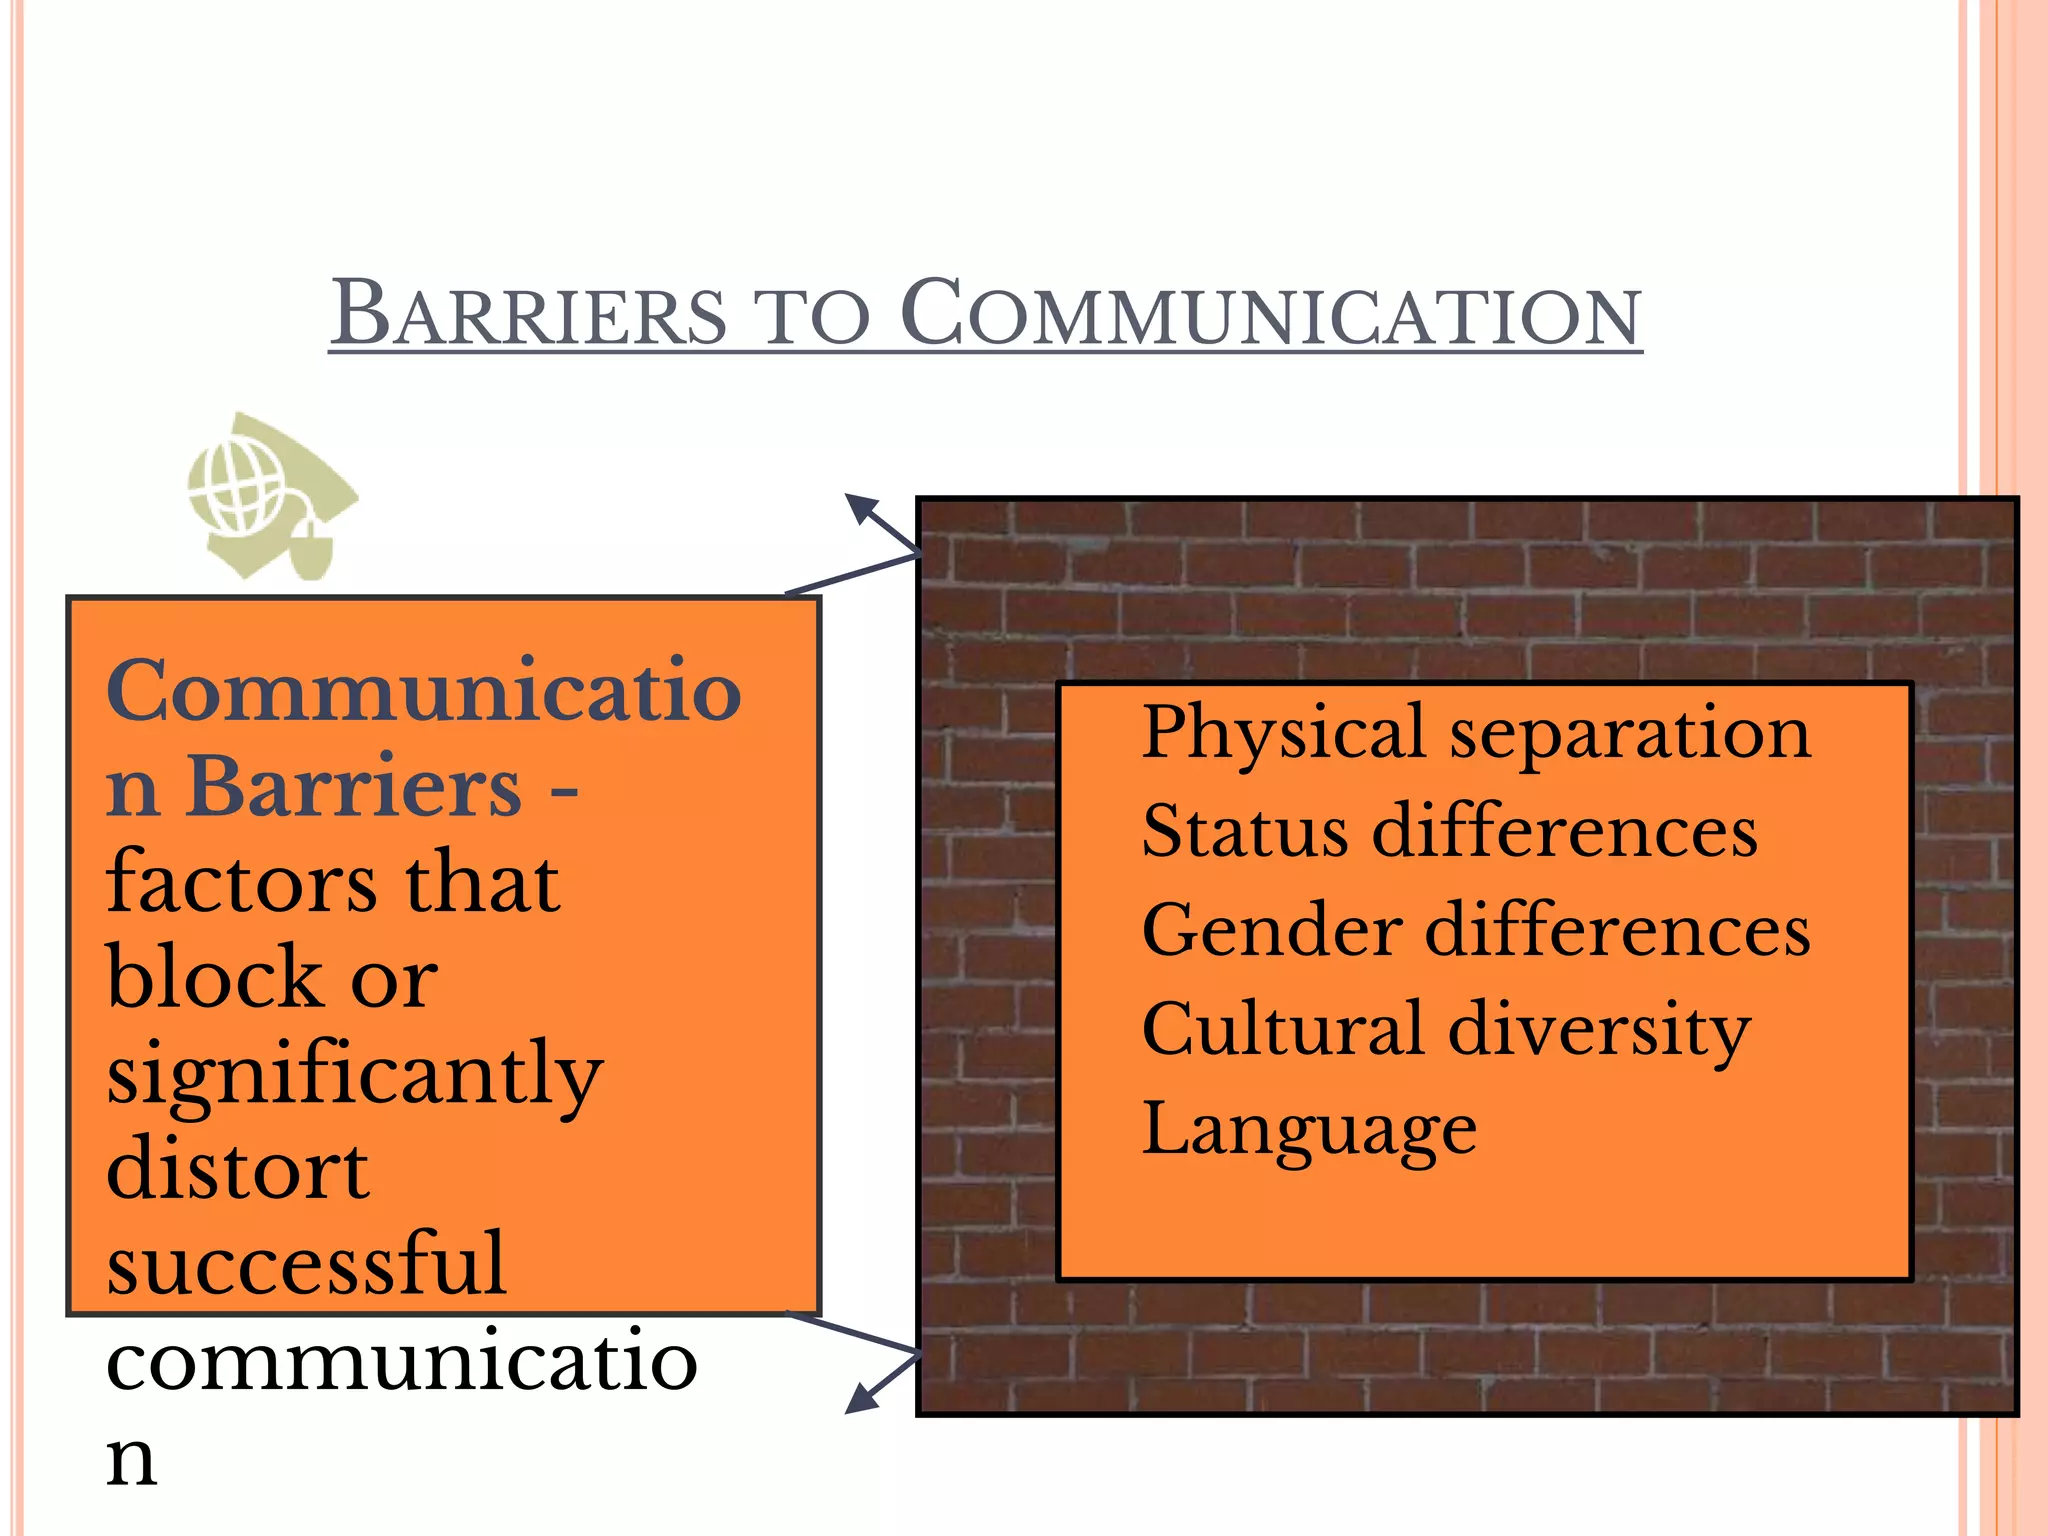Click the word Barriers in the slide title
(528, 314)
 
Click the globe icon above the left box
(238, 489)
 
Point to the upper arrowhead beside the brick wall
(861, 507)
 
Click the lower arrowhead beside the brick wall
(861, 1399)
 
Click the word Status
(1244, 831)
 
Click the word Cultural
(1283, 1029)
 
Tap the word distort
(237, 1169)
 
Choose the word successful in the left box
(306, 1264)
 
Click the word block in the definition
(213, 977)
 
